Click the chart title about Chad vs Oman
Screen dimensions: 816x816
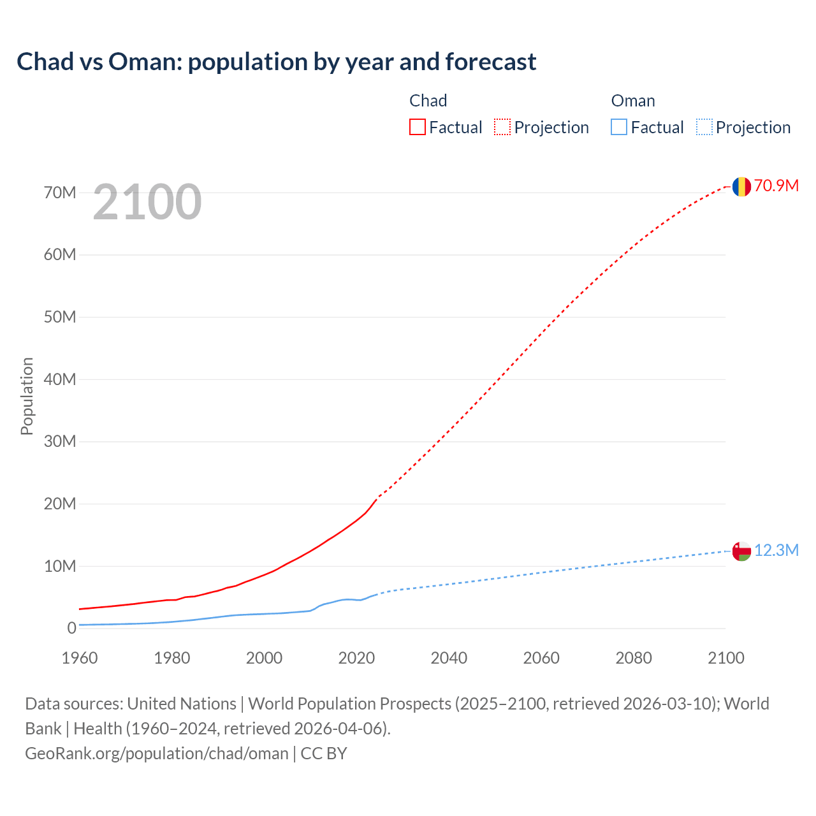click(276, 62)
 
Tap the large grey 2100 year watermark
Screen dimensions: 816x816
click(147, 202)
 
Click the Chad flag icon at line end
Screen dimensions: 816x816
click(741, 187)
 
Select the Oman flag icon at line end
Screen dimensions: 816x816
click(741, 551)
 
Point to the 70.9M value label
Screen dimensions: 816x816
click(776, 186)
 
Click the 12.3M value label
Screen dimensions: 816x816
click(776, 550)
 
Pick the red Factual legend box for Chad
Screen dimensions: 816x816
click(418, 127)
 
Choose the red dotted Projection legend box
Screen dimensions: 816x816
click(502, 127)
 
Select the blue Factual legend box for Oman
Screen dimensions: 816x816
click(619, 127)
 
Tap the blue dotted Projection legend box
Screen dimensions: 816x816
click(704, 127)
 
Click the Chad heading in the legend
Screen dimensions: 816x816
click(428, 101)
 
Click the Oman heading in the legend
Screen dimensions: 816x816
click(632, 101)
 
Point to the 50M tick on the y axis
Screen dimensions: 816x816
click(60, 317)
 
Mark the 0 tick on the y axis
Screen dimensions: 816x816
click(71, 628)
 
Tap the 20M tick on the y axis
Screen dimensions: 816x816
click(60, 504)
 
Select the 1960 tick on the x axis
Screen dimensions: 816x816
click(80, 658)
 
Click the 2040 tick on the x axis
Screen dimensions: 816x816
click(449, 658)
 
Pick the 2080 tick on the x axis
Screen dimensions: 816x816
click(634, 658)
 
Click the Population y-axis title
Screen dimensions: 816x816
click(27, 396)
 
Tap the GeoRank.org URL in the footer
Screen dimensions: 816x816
click(157, 754)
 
